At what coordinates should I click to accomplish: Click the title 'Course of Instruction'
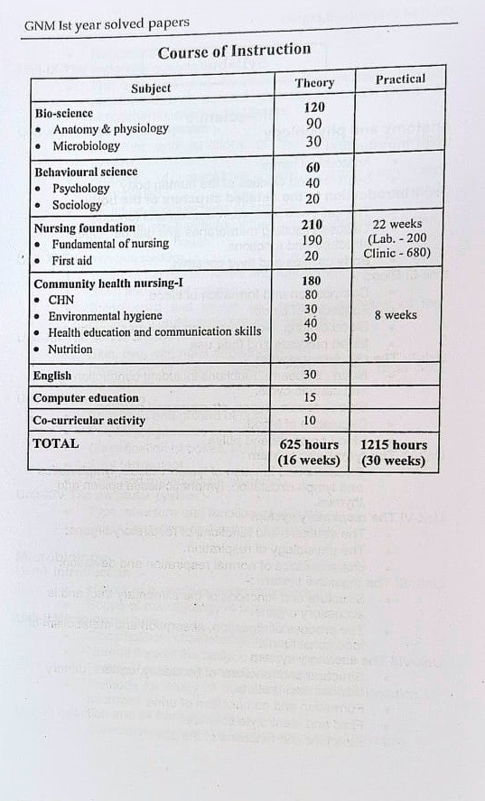tap(234, 51)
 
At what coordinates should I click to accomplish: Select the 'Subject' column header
tap(150, 88)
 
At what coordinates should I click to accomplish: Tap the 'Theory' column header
tap(314, 83)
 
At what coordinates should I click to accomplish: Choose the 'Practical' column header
tap(400, 79)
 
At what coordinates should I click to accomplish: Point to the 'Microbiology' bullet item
tap(86, 145)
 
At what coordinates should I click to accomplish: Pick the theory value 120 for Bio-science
tap(314, 107)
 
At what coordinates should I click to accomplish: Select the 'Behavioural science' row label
tap(86, 172)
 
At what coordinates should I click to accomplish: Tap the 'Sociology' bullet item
tap(77, 205)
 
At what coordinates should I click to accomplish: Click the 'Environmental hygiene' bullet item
tap(105, 316)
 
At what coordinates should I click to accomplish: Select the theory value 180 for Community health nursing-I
tap(311, 280)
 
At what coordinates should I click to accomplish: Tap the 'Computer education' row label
tap(86, 398)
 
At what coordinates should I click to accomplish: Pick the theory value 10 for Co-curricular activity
tap(310, 421)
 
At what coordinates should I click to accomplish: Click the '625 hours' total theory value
tap(310, 445)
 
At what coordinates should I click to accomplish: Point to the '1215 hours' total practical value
tap(394, 445)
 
